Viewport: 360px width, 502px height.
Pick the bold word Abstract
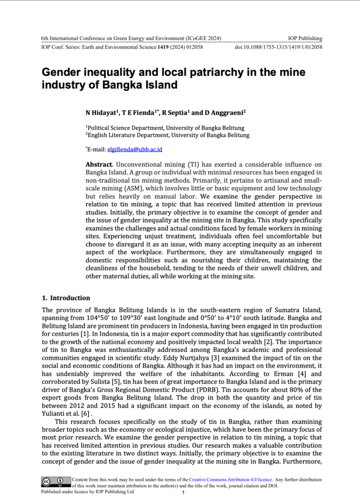pos(99,164)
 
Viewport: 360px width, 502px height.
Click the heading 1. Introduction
pos(66,298)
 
